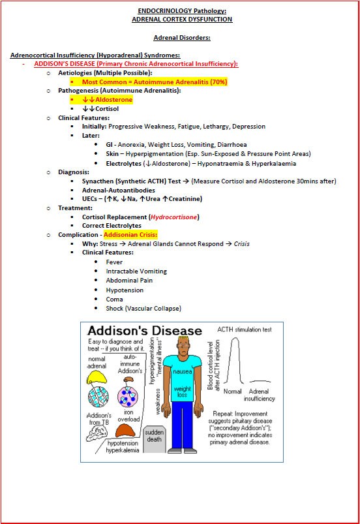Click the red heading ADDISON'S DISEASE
coord(64,63)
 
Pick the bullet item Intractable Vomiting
coord(136,271)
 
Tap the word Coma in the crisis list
coord(114,299)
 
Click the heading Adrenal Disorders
coord(179,38)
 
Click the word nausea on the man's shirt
coord(182,371)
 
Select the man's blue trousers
coord(182,424)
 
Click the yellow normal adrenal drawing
coord(97,374)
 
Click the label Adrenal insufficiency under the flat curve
coord(259,395)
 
